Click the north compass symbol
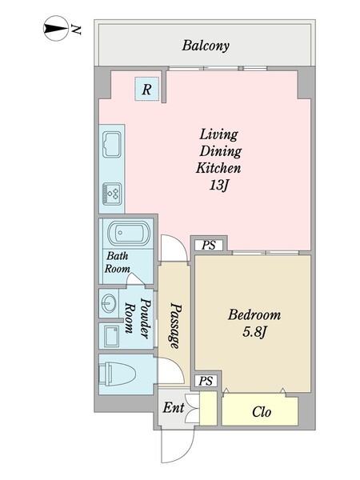click(x=56, y=28)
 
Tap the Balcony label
click(x=206, y=46)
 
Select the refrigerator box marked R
click(x=147, y=89)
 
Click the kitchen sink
click(x=112, y=144)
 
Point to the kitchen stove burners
click(x=112, y=194)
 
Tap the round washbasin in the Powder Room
click(x=109, y=303)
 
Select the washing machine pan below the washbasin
click(x=111, y=336)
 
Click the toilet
click(x=118, y=373)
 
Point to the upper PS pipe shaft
click(x=209, y=245)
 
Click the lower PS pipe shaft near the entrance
click(x=206, y=381)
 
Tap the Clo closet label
click(x=262, y=412)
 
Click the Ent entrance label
click(x=174, y=408)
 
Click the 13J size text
click(x=218, y=185)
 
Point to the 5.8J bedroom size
click(x=254, y=332)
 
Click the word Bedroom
click(x=254, y=314)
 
